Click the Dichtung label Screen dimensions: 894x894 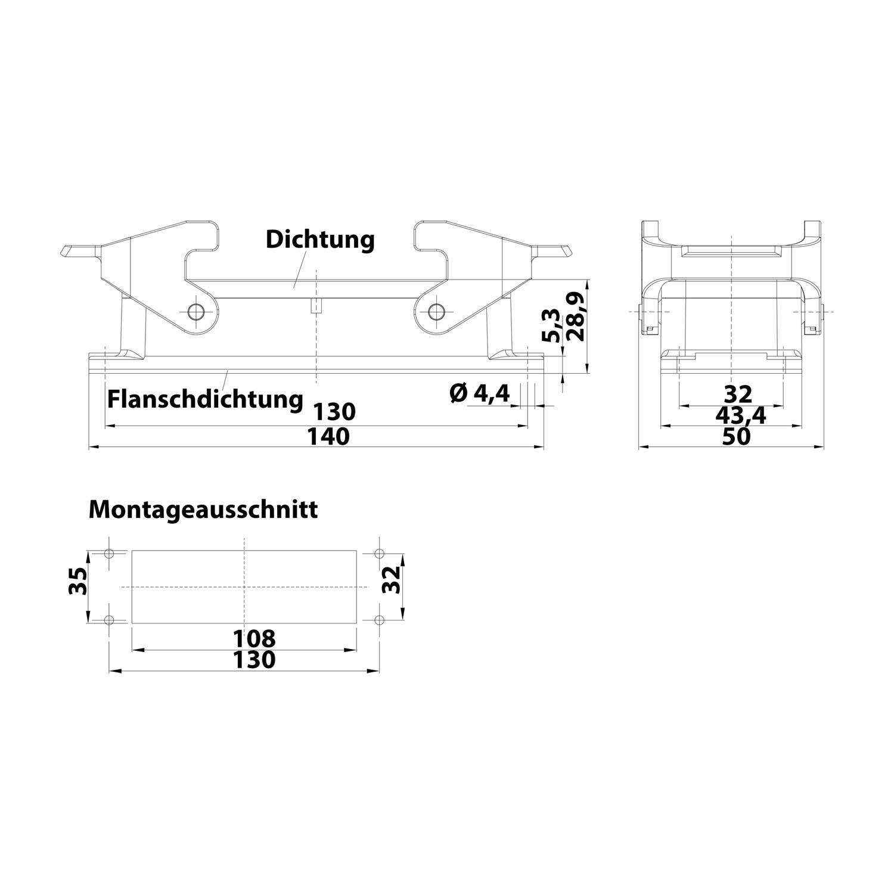coord(320,240)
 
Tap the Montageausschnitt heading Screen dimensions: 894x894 coord(203,510)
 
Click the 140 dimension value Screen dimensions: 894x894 coord(328,437)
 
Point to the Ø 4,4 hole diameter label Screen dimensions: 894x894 coord(480,393)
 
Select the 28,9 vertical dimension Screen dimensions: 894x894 coord(575,316)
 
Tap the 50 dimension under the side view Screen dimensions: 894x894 coord(737,437)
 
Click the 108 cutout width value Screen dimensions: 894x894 coord(254,638)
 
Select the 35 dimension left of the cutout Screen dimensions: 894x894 coord(77,581)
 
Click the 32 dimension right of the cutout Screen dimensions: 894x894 coord(391,580)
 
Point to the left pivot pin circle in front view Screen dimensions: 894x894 coord(195,311)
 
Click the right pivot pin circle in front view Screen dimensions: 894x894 coord(437,311)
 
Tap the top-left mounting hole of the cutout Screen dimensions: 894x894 coord(109,554)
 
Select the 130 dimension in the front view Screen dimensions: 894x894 coord(334,412)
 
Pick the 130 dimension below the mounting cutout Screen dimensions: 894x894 coord(254,660)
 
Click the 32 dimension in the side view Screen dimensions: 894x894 coord(738,394)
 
